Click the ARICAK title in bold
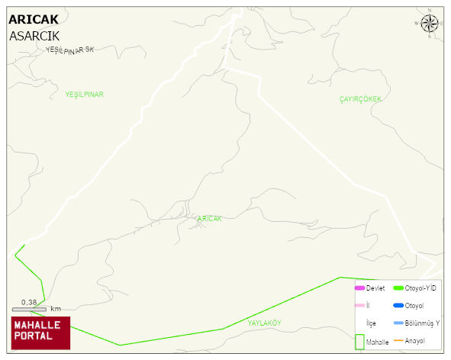pos(33,20)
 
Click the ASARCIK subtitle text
pos(34,35)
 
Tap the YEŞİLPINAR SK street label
pos(69,50)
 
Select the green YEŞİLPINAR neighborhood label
pos(84,95)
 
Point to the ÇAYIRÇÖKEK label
pos(359,100)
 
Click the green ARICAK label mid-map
pos(209,219)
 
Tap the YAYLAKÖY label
pos(264,323)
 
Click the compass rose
pos(430,23)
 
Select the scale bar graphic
pos(29,309)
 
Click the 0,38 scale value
pos(29,301)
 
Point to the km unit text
pos(56,309)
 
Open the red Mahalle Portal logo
pos(40,333)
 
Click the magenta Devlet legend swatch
pos(359,288)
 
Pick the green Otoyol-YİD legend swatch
pos(398,288)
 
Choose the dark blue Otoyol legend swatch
pos(398,305)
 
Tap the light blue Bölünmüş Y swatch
pos(398,323)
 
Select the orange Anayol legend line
pos(398,340)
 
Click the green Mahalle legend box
pos(359,342)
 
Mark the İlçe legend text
pos(371,323)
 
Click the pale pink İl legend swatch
pos(359,305)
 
